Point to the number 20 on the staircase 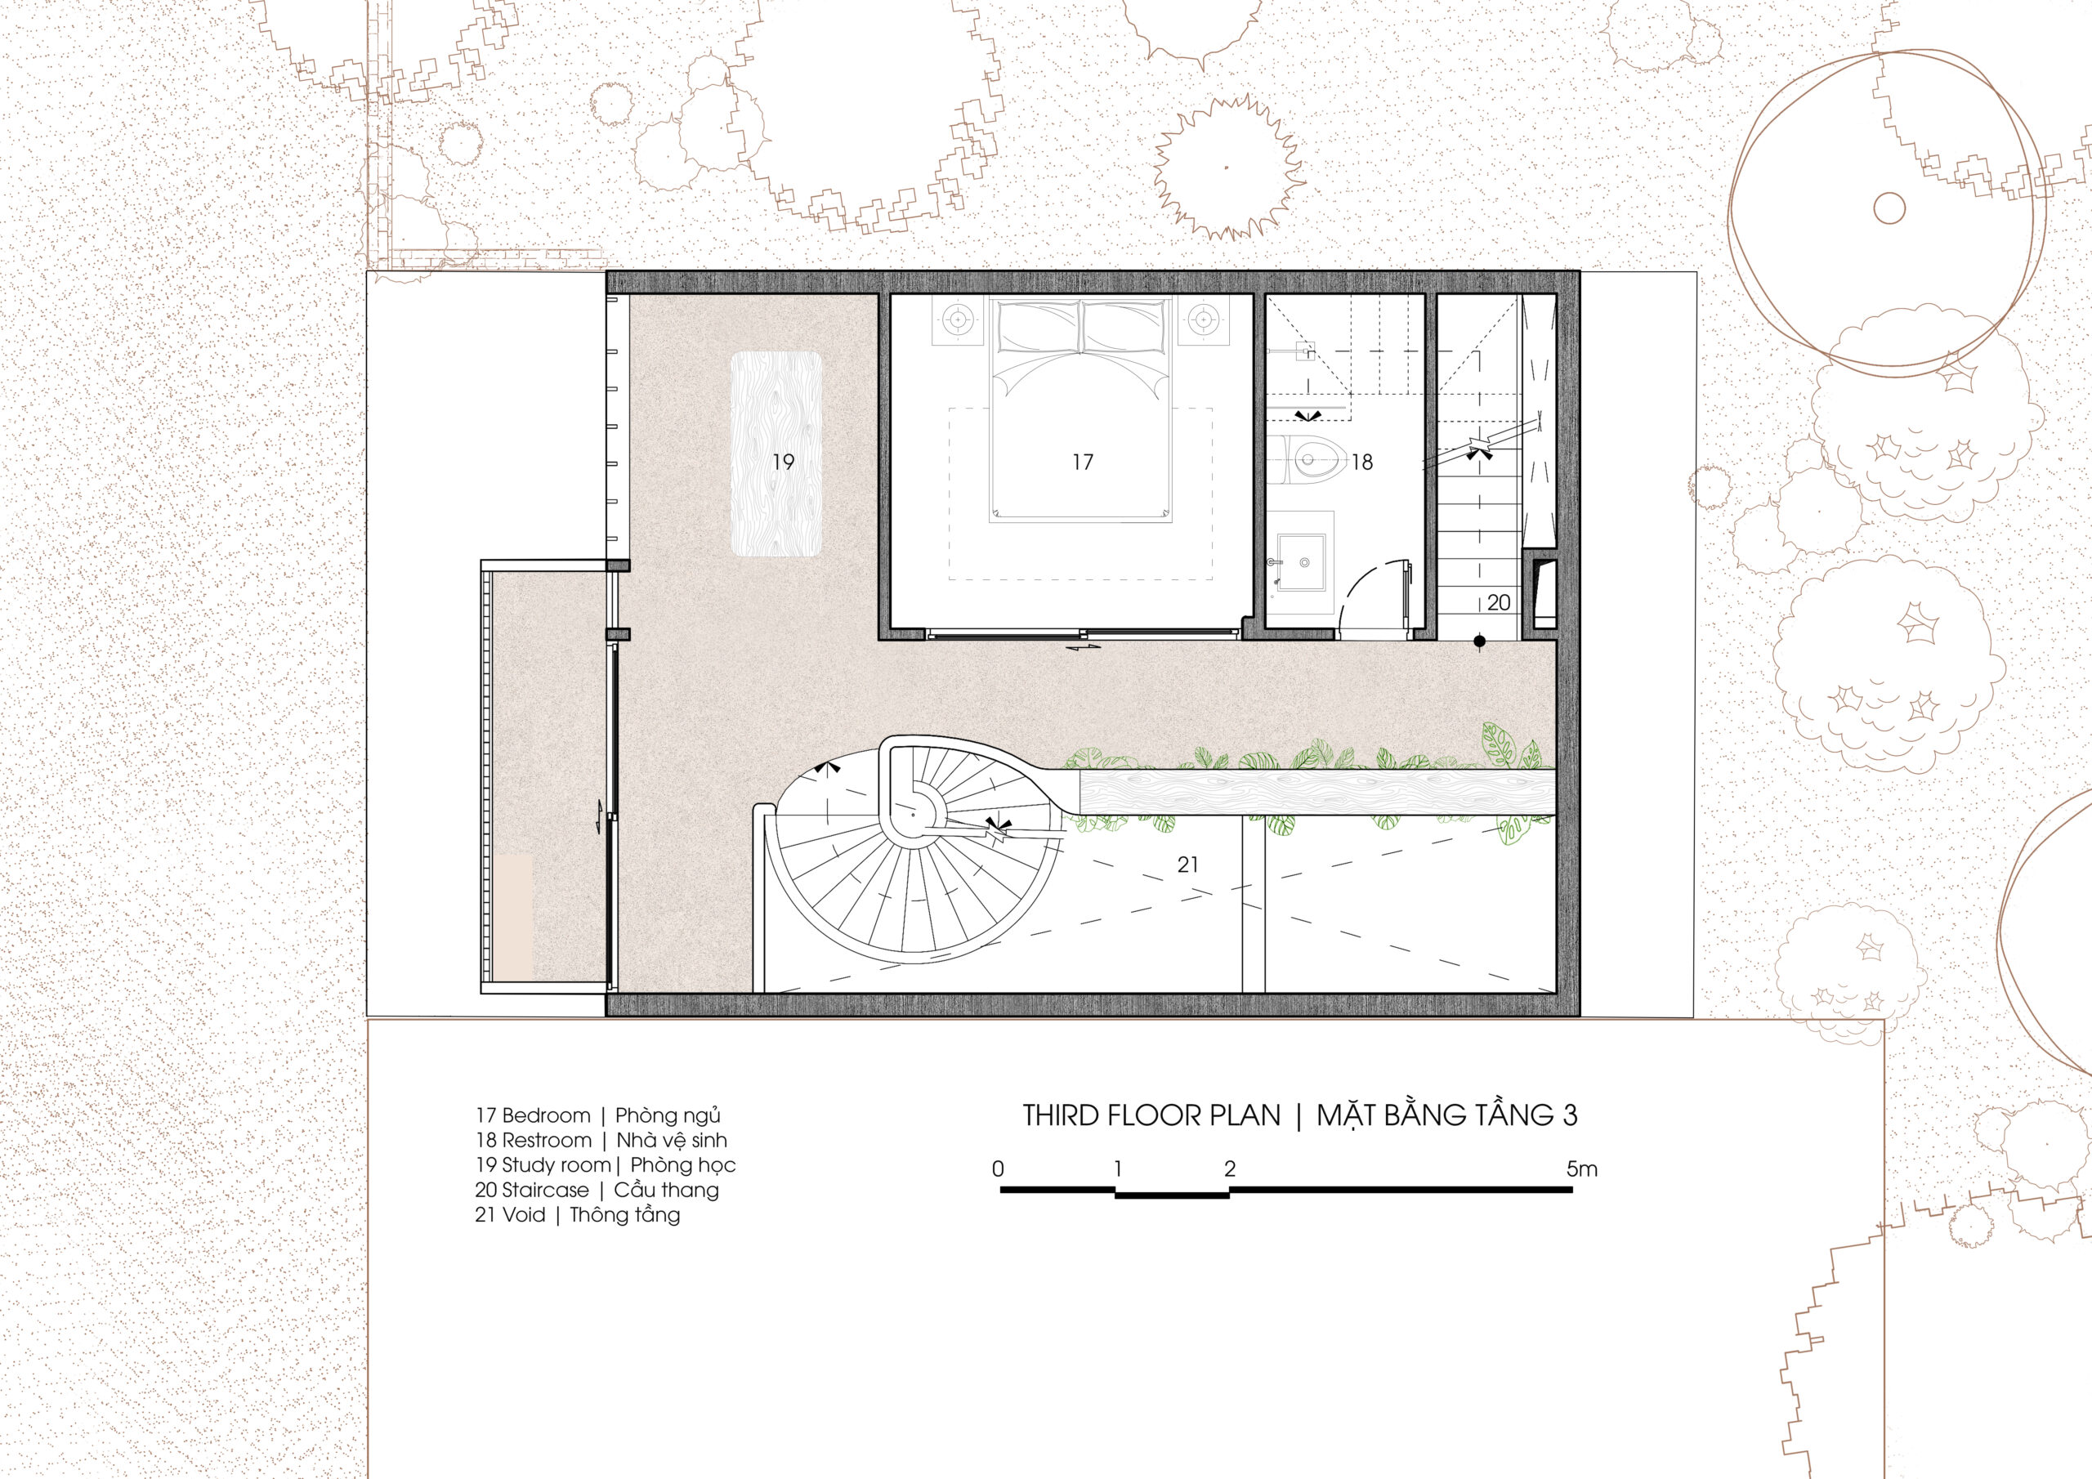1499,602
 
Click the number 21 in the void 1188,865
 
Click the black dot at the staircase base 1480,642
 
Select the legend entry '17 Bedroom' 533,1116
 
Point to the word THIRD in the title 1061,1115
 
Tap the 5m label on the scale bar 1582,1169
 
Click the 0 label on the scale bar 999,1169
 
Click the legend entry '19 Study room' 543,1165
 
